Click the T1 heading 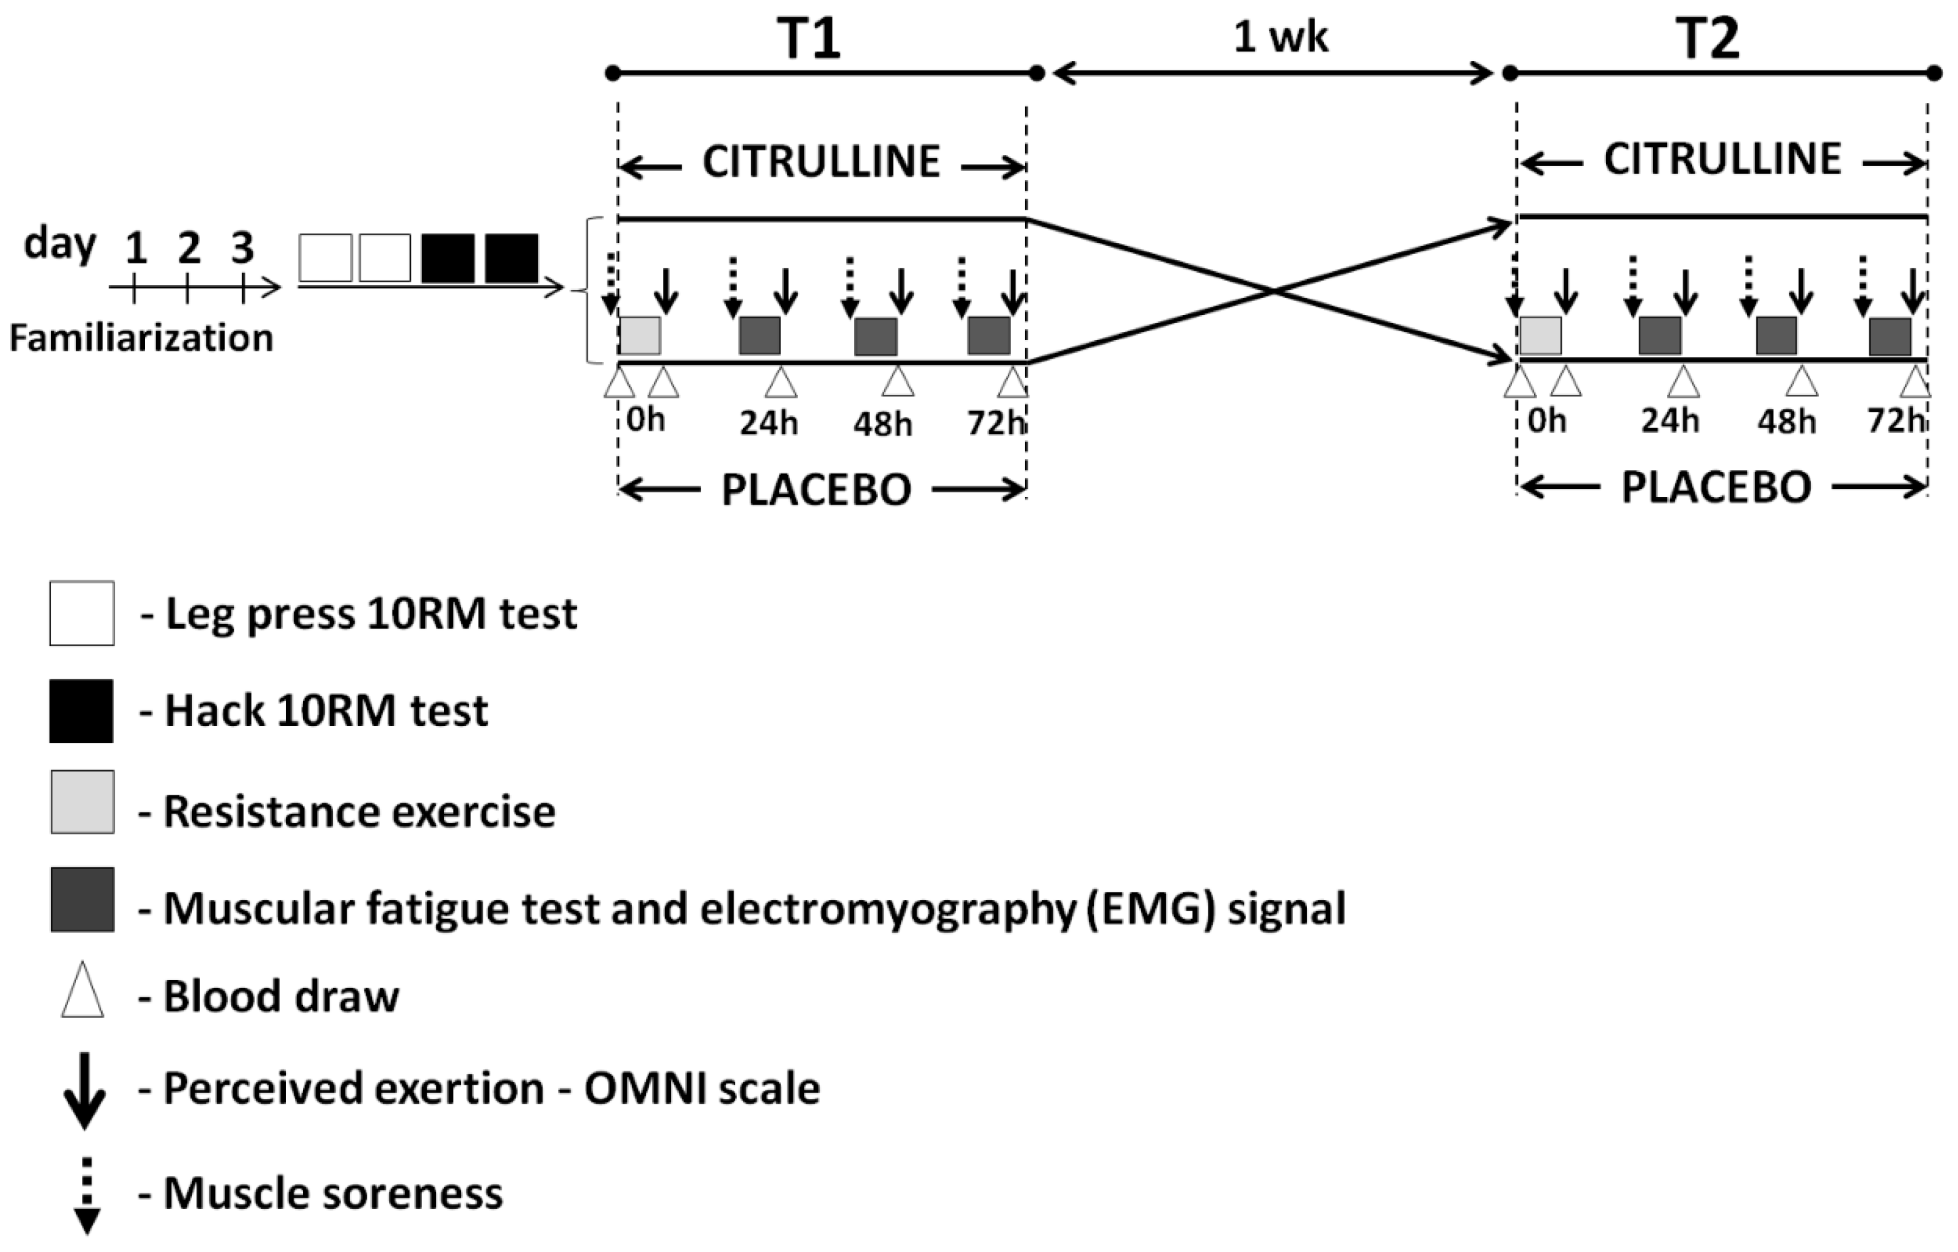coord(808,38)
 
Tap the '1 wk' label coord(1280,36)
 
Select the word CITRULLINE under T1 coord(821,161)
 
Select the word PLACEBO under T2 coord(1716,488)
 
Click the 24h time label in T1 coord(768,424)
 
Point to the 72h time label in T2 coord(1895,421)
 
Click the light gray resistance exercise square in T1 coord(640,335)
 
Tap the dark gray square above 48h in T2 coord(1776,335)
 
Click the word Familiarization coord(141,338)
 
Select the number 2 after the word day coord(189,247)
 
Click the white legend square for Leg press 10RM coord(81,613)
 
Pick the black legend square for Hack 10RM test coord(81,711)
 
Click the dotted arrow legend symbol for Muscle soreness coord(86,1194)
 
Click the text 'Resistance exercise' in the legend coord(359,811)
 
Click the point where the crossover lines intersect coord(1272,291)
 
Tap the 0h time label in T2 coord(1546,421)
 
